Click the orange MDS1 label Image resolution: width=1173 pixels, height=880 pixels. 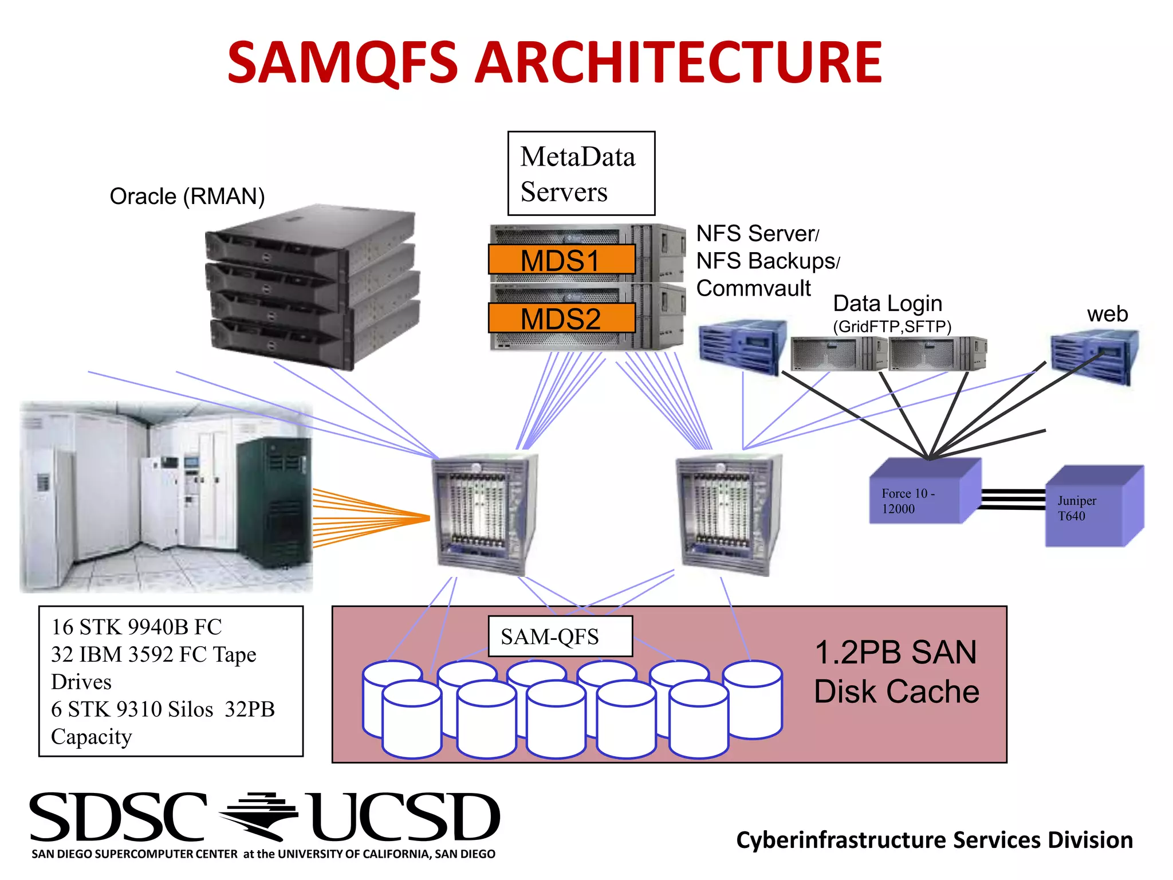coord(561,260)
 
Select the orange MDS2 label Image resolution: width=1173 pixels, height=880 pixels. coord(561,319)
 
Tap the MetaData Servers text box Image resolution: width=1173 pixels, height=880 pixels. coord(581,174)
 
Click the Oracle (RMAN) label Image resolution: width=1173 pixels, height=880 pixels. coord(187,197)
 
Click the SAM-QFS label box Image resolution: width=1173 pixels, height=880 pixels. coord(560,637)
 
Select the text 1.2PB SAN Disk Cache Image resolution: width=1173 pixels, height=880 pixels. coord(896,672)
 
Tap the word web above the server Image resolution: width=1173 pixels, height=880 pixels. coord(1107,314)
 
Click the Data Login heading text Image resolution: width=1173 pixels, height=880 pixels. coord(887,303)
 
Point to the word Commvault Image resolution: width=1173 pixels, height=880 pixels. coord(753,288)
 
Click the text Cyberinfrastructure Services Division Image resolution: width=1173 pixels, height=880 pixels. coord(934,840)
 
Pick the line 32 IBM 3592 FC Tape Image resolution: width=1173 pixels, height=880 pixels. coord(153,654)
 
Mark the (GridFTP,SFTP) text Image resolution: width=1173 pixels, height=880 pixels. coord(892,327)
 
